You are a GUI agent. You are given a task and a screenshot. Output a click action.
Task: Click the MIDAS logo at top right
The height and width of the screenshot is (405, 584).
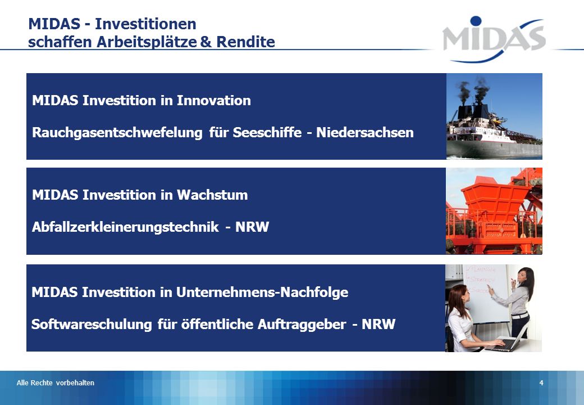(494, 39)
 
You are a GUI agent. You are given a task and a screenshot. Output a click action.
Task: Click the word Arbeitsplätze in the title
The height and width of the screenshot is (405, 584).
(147, 42)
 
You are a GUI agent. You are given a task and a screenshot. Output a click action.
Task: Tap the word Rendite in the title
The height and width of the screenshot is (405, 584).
(245, 42)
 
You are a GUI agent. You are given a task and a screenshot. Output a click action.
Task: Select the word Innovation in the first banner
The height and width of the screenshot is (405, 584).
(213, 100)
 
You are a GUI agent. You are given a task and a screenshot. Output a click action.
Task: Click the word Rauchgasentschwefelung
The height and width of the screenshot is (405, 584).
(117, 133)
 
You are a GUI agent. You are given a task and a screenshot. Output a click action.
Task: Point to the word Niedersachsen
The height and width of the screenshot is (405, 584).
(364, 132)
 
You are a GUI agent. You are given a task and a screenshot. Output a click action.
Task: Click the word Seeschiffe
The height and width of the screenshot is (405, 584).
(267, 132)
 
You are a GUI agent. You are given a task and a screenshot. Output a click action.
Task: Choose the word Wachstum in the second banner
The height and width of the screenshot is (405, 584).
(212, 195)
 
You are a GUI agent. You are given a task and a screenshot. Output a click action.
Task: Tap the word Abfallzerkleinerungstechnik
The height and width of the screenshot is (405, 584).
(125, 227)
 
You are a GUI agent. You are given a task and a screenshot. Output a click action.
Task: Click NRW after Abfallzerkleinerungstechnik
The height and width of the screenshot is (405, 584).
(252, 227)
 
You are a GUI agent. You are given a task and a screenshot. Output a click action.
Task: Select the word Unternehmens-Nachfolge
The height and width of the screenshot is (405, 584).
(262, 292)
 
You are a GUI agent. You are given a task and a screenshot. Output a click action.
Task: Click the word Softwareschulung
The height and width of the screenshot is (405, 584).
(92, 325)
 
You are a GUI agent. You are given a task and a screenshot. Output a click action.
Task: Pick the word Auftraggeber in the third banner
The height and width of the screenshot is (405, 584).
(302, 325)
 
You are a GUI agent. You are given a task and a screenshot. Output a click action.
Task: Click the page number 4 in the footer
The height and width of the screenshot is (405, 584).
(541, 383)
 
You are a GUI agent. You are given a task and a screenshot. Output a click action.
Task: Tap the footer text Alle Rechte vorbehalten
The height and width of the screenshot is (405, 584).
(56, 383)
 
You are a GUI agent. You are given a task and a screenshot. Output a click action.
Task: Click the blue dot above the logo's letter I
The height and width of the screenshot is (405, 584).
(476, 21)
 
